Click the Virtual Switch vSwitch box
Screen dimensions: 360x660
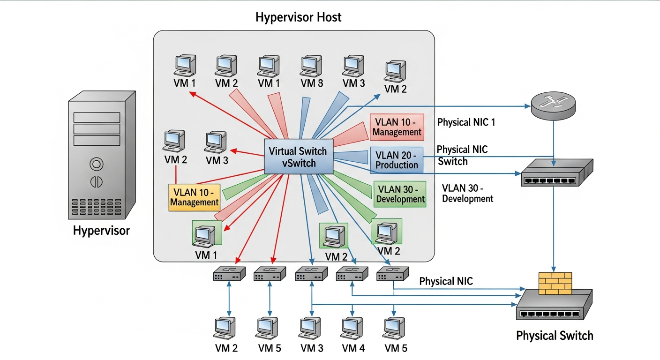click(x=299, y=157)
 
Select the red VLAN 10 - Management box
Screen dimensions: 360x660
click(x=397, y=127)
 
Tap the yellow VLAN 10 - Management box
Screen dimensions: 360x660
click(x=194, y=197)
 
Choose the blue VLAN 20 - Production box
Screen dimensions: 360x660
click(x=397, y=160)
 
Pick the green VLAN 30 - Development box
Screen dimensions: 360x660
click(x=400, y=194)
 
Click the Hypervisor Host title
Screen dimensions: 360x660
click(x=299, y=18)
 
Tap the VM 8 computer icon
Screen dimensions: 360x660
click(x=311, y=66)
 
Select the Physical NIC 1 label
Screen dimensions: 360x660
click(x=466, y=123)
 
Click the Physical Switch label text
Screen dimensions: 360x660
click(x=555, y=336)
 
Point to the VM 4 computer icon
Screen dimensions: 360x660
click(x=352, y=330)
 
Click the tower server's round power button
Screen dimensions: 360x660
click(x=96, y=164)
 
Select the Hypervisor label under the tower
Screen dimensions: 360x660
click(x=101, y=231)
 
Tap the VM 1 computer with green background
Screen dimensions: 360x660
click(x=207, y=233)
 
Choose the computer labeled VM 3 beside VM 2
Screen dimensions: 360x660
click(x=216, y=142)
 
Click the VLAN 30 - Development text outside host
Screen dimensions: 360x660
click(x=467, y=193)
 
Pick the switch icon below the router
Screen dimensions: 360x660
click(x=556, y=172)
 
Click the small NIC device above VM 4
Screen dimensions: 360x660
click(x=351, y=274)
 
